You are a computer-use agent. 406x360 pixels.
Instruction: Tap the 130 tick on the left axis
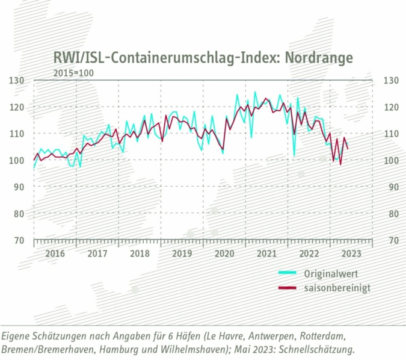(17, 81)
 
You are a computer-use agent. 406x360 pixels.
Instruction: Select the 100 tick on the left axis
(17, 161)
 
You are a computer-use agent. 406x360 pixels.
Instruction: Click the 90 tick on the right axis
(390, 187)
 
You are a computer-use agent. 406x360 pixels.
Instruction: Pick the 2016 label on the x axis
(55, 253)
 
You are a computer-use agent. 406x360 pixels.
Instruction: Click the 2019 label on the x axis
(182, 253)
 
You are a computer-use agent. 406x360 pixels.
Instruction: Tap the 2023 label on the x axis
(351, 253)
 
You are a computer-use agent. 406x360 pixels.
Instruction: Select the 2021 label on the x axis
(266, 253)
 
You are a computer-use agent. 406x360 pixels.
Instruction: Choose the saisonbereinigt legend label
(336, 288)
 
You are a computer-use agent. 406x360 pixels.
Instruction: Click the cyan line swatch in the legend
(287, 274)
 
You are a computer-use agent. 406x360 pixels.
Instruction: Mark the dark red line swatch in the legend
(287, 288)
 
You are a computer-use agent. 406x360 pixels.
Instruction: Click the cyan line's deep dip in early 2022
(294, 155)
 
